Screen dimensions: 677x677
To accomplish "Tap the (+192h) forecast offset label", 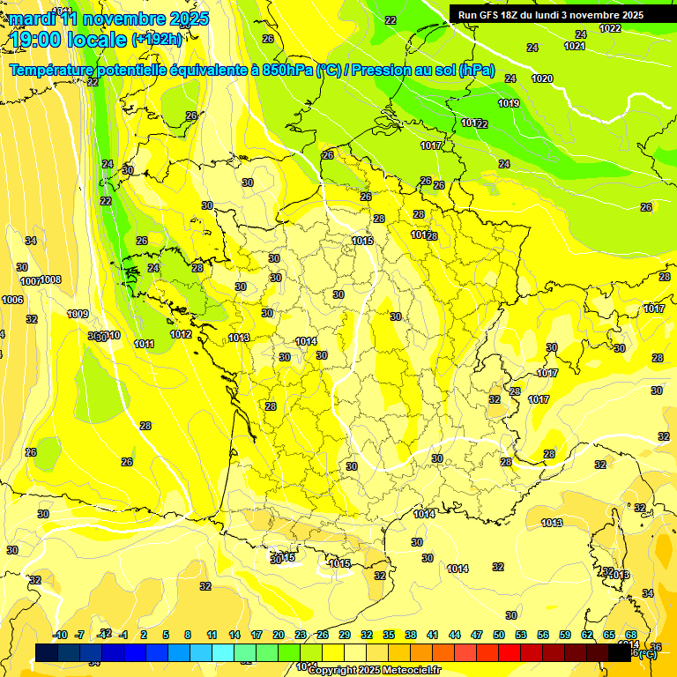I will (x=158, y=39).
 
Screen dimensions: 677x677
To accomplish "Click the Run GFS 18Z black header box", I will (x=552, y=14).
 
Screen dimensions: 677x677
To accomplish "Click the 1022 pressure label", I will (x=610, y=28).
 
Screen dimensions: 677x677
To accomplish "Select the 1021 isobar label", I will (x=575, y=46).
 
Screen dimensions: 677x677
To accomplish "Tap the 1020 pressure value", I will (x=542, y=78).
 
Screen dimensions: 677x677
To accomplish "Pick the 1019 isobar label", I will (x=509, y=103).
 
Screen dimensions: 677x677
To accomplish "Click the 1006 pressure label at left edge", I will (x=12, y=300).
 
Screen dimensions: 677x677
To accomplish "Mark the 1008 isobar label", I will (x=51, y=279).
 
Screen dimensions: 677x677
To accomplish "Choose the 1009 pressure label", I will (x=78, y=314).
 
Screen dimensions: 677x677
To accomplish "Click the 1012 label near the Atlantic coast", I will (x=182, y=334).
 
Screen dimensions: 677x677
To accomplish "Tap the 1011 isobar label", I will (x=145, y=344).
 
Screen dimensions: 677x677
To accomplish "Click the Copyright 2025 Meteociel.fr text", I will (x=374, y=671).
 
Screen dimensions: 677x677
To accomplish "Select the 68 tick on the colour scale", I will (x=631, y=635).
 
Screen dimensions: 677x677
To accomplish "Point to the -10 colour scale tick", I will (x=61, y=635).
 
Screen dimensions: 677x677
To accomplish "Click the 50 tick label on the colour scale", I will (x=499, y=635).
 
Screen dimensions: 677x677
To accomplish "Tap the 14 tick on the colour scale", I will (x=234, y=635).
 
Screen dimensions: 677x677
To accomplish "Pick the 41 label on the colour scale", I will (x=433, y=635).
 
